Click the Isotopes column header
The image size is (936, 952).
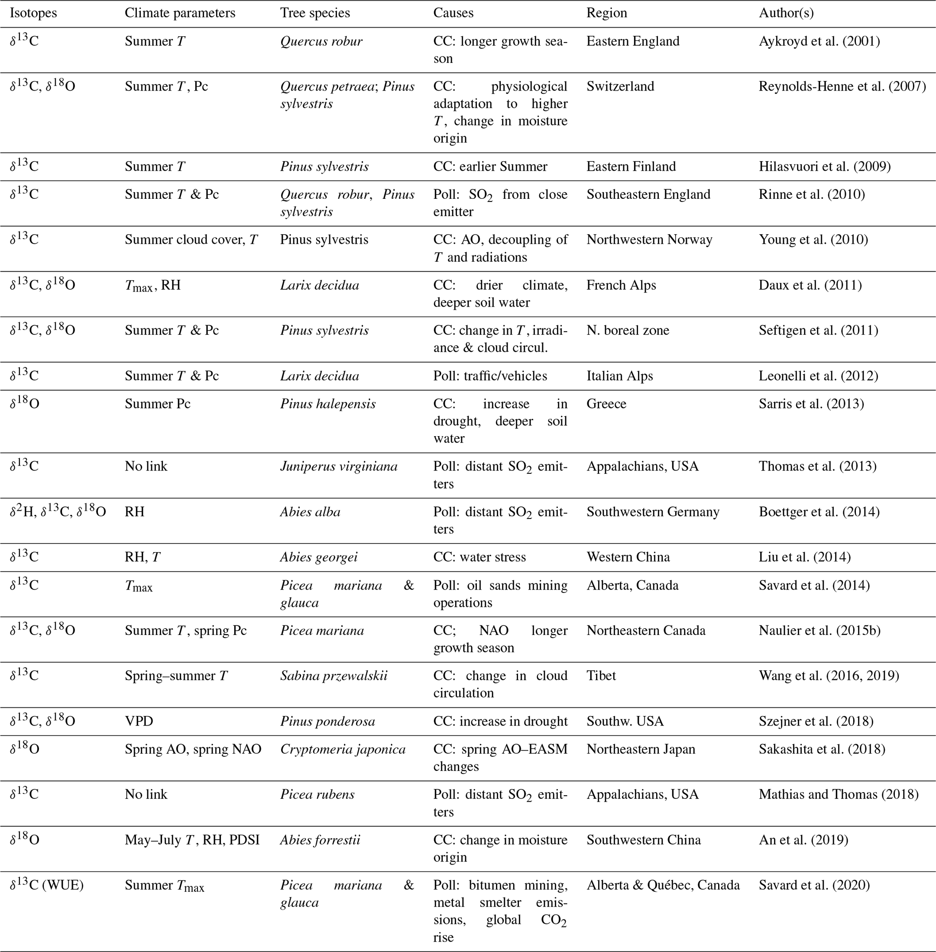pyautogui.click(x=34, y=13)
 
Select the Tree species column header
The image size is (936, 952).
pyautogui.click(x=315, y=13)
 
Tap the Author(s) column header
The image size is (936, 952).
pyautogui.click(x=786, y=13)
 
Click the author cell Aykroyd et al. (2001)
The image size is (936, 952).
pyautogui.click(x=819, y=41)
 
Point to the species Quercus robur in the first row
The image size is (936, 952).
pyautogui.click(x=321, y=41)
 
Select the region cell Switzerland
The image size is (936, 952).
pyautogui.click(x=620, y=86)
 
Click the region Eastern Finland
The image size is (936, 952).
pyautogui.click(x=631, y=166)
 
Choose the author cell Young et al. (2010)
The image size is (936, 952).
pyautogui.click(x=813, y=240)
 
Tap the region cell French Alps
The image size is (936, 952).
pyautogui.click(x=621, y=285)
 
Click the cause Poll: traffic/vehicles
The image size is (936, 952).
pyautogui.click(x=490, y=376)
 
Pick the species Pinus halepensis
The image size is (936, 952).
pyautogui.click(x=328, y=404)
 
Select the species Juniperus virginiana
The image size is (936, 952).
pyautogui.click(x=339, y=466)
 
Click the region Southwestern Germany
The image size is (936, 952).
pyautogui.click(x=653, y=511)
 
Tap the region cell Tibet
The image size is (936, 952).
pyautogui.click(x=601, y=675)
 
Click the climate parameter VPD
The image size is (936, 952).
pyautogui.click(x=139, y=721)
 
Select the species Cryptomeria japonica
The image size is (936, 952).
pyautogui.click(x=343, y=749)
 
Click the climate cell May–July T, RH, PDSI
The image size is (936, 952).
pyautogui.click(x=192, y=839)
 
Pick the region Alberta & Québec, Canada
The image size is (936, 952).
pyautogui.click(x=662, y=885)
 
